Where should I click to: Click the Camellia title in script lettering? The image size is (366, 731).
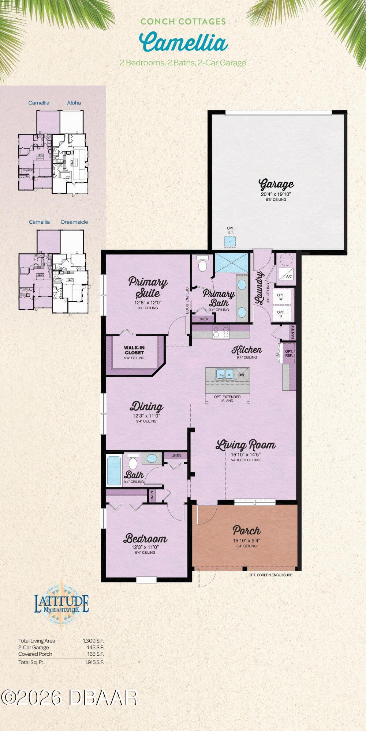(x=184, y=42)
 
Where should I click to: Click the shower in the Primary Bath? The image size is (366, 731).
(x=232, y=263)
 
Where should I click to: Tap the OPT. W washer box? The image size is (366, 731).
(x=281, y=297)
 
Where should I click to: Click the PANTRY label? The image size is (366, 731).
(x=293, y=332)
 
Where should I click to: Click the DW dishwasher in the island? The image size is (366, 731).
(x=241, y=375)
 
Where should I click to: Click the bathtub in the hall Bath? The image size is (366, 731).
(x=114, y=470)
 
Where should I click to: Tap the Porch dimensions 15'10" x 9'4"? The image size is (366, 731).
(x=246, y=541)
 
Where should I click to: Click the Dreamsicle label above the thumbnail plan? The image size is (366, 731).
(x=74, y=222)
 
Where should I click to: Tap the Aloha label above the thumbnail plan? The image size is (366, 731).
(x=74, y=103)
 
